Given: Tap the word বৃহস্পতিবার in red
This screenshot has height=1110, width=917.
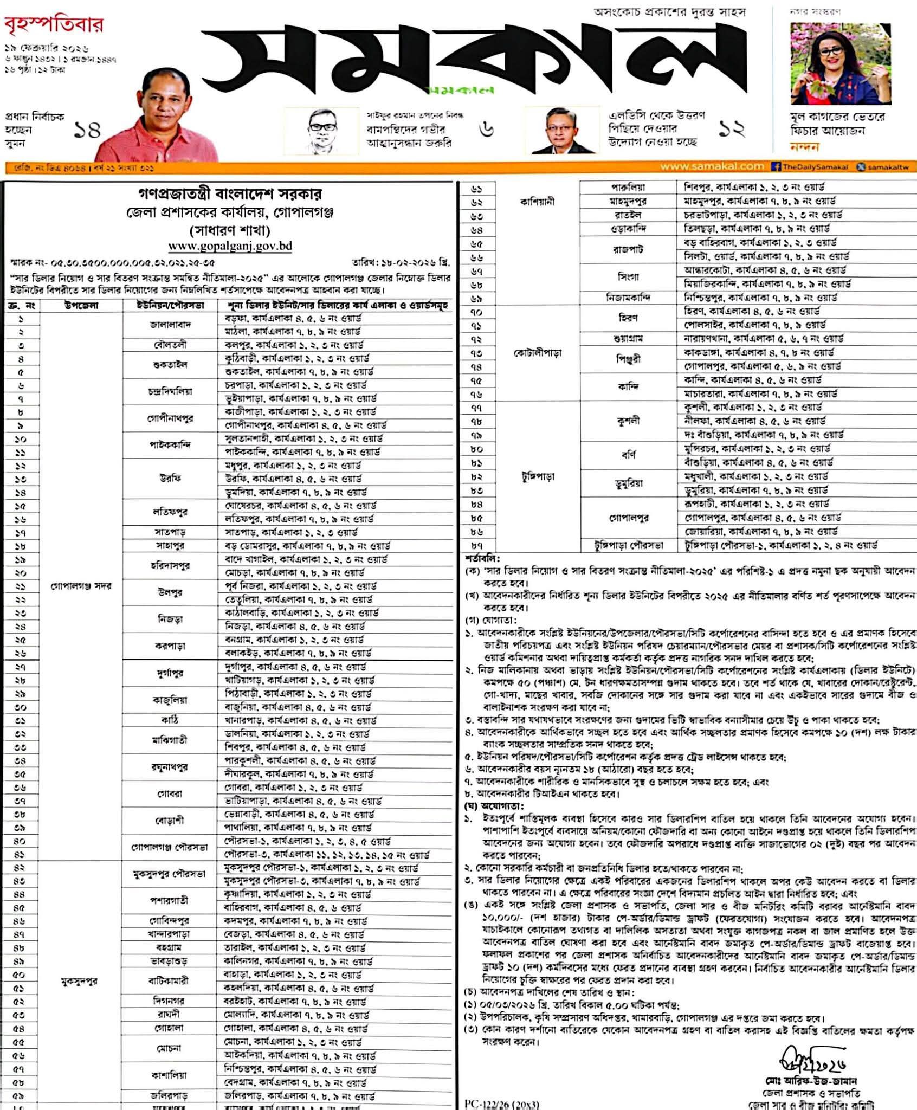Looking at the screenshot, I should point(54,25).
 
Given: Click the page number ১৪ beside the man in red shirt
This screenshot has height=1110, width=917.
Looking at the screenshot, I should point(87,131).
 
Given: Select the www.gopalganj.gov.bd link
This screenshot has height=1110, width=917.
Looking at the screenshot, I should point(230,246).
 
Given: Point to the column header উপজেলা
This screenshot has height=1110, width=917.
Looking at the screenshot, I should point(81,305).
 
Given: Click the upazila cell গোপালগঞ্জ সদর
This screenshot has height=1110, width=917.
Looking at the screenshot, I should point(81,586).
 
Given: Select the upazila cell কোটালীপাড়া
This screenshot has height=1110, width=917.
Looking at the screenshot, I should point(537,353).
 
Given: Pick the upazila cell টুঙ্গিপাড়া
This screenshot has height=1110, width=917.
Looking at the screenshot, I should point(537,477).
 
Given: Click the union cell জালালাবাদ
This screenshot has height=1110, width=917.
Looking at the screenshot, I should point(170,325).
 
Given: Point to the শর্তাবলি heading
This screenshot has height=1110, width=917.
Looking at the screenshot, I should point(482,558).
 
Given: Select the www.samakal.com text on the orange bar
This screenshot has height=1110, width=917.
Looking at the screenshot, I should point(712,167).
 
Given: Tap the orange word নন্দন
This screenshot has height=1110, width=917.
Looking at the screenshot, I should point(805,146).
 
